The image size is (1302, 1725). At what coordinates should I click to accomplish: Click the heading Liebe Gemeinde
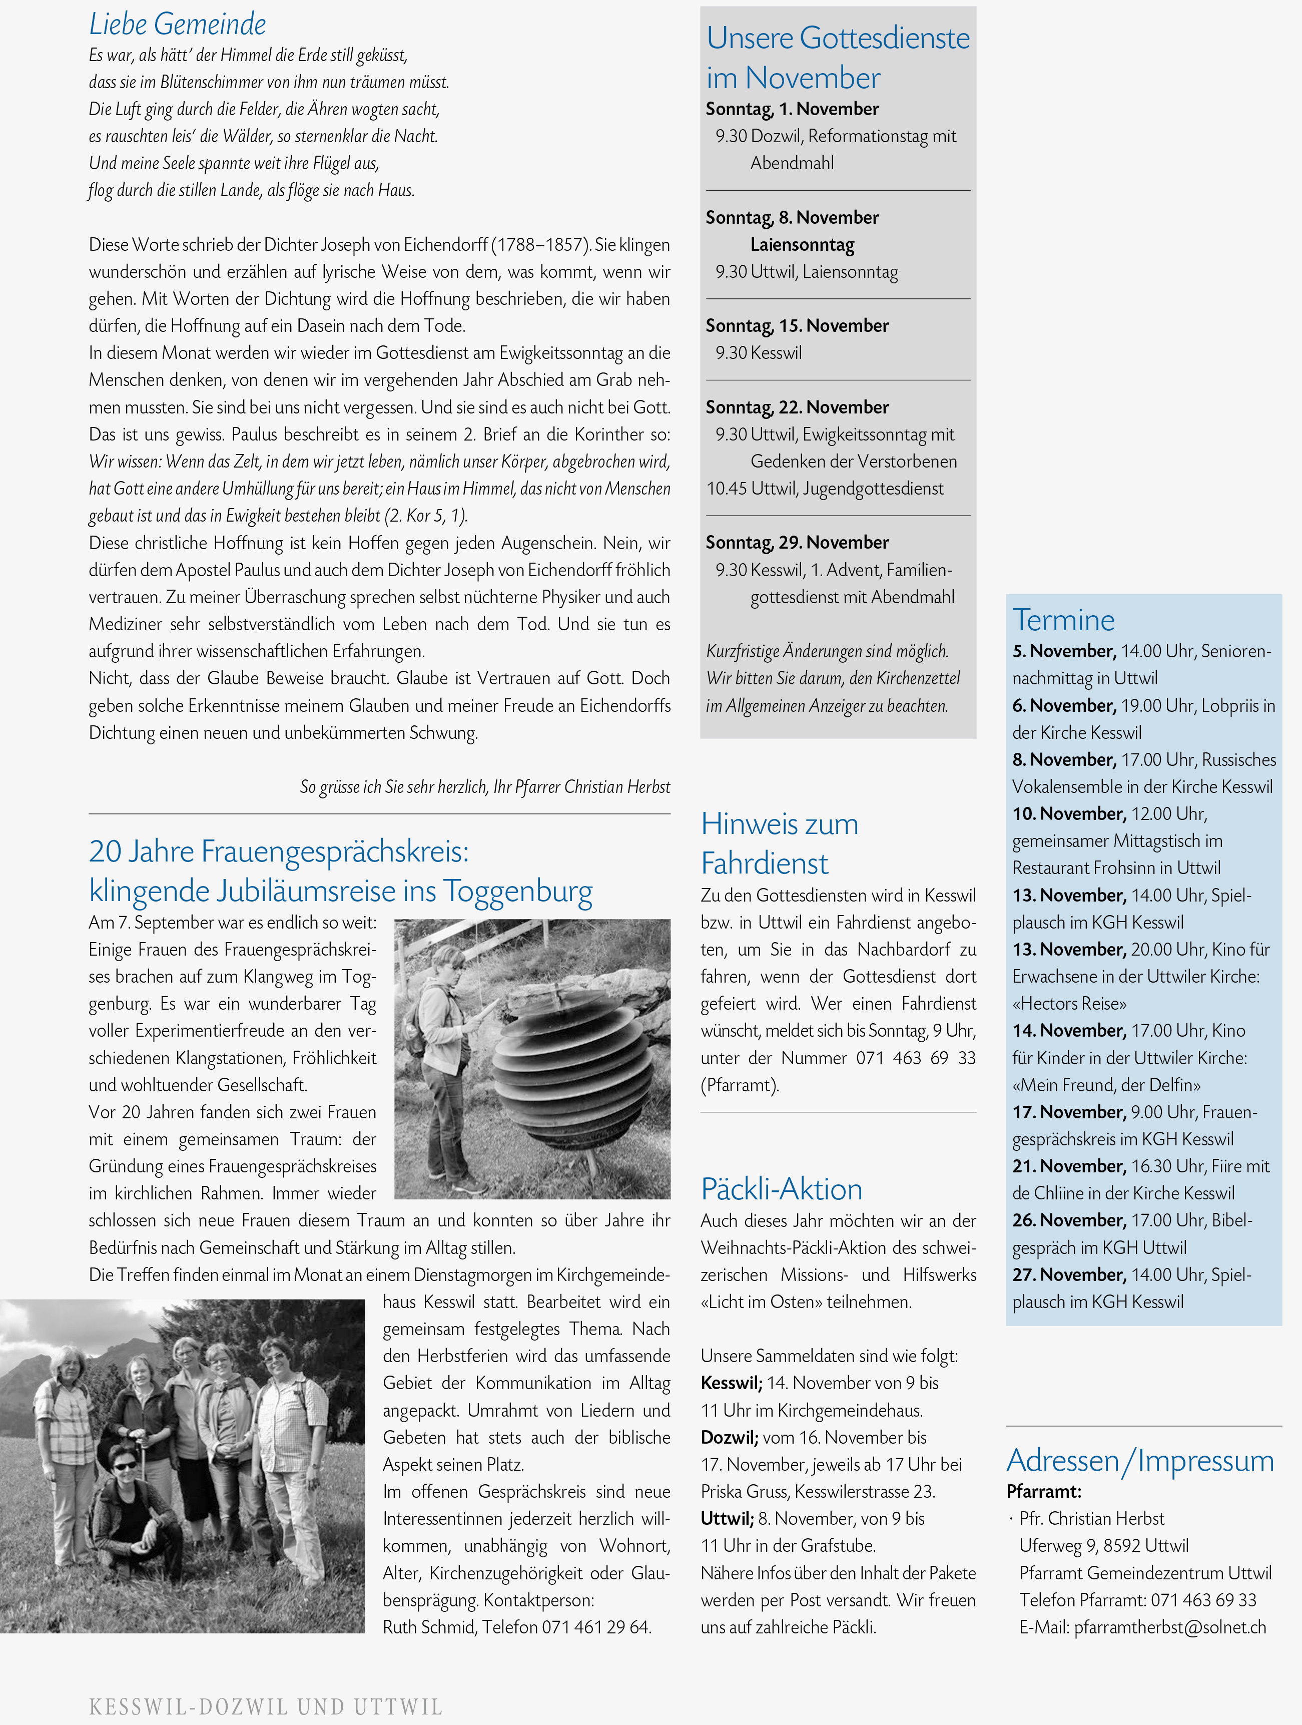click(x=177, y=24)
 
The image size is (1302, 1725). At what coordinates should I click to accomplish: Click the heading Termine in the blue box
click(x=1063, y=620)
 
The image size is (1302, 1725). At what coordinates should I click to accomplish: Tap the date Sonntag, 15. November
click(x=797, y=326)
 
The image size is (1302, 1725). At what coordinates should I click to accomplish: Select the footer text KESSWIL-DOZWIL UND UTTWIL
click(x=265, y=1707)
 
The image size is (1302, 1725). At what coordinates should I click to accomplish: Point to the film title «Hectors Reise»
click(x=1069, y=1004)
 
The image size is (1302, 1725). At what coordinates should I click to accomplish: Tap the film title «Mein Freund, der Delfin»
click(x=1105, y=1085)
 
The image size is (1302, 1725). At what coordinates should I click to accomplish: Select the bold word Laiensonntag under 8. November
click(x=802, y=245)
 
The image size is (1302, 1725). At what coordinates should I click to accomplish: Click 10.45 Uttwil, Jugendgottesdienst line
click(x=824, y=489)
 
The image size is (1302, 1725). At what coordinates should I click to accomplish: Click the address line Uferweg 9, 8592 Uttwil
click(x=1103, y=1546)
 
